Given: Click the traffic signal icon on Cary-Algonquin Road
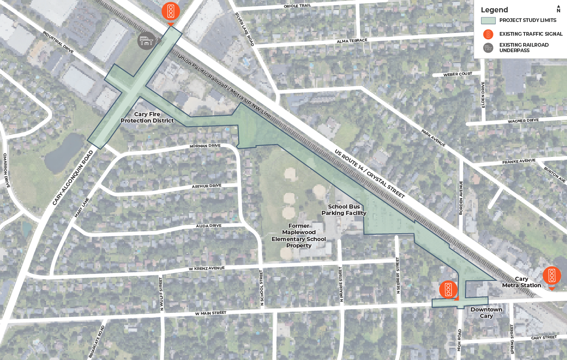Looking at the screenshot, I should point(171,11).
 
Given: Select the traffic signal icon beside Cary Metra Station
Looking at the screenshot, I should point(551,275).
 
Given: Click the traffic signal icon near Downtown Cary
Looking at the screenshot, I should point(448,289).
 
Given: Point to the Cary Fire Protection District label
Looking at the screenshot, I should point(147,117).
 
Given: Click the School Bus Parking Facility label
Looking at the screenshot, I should point(344,210).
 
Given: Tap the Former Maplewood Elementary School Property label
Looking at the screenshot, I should point(299,236).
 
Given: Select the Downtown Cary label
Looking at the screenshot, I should point(486,313).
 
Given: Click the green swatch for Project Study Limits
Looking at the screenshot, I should point(488,21).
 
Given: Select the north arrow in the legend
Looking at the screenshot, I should point(558,9).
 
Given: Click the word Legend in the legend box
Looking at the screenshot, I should point(494,10).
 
